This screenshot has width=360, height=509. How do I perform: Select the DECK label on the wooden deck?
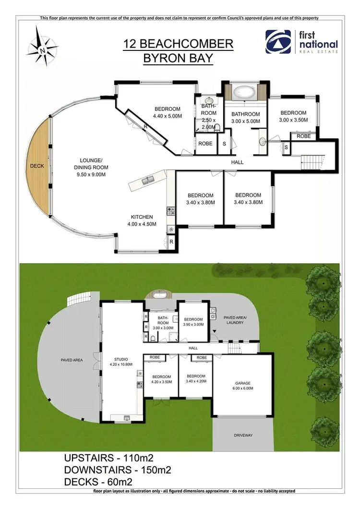click(36, 166)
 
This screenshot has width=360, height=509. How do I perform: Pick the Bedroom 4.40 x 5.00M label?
click(167, 112)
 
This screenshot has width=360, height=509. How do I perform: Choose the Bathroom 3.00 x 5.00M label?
click(245, 118)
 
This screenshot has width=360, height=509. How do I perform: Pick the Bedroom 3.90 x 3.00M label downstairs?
click(193, 322)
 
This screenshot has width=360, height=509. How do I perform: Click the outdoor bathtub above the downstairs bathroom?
click(159, 295)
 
